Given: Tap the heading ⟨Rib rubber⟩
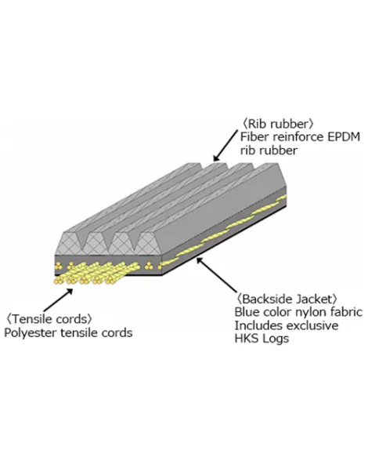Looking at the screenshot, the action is tap(277, 124).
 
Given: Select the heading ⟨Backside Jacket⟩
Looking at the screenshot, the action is tap(287, 299).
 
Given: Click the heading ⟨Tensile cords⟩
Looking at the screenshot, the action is tap(49, 319).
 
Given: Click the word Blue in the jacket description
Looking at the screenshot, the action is tap(247, 312).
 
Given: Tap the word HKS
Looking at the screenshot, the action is tap(247, 339).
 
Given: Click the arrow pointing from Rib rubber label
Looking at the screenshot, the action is tap(225, 146).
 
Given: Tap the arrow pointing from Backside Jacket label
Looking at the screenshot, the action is tap(216, 275).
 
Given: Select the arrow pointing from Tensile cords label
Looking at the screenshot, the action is tap(58, 300).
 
